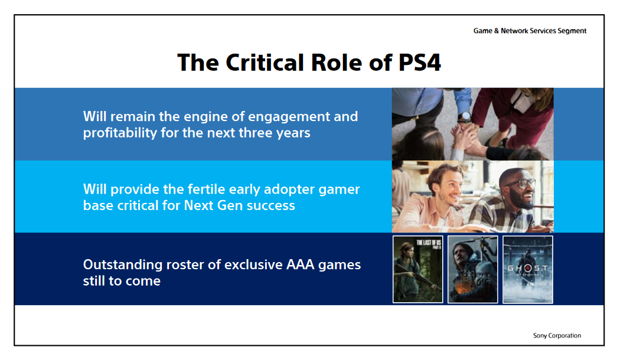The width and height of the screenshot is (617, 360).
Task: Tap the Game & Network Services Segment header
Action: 530,31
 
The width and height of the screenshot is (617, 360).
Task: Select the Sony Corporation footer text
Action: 557,335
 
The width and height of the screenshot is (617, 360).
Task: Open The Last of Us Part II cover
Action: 417,269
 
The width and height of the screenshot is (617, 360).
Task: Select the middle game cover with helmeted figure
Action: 472,269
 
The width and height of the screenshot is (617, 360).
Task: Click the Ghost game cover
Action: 527,269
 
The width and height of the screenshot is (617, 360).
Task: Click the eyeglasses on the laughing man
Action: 520,184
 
